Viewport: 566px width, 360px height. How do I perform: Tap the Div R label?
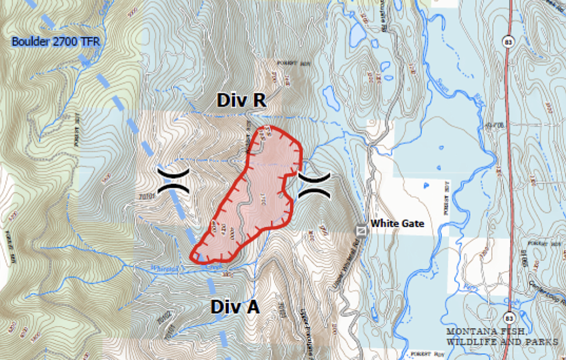pos(241,101)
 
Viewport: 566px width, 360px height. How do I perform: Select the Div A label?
pos(235,307)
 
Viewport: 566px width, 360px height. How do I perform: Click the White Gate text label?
pos(397,223)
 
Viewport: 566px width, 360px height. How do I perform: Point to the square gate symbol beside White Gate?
pos(361,230)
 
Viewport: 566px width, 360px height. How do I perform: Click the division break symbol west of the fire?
pos(173,180)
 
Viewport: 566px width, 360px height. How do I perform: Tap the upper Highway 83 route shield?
pos(508,42)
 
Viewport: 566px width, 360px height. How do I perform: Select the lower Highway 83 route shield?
pos(510,318)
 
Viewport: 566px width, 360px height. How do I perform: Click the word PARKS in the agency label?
pos(542,342)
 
